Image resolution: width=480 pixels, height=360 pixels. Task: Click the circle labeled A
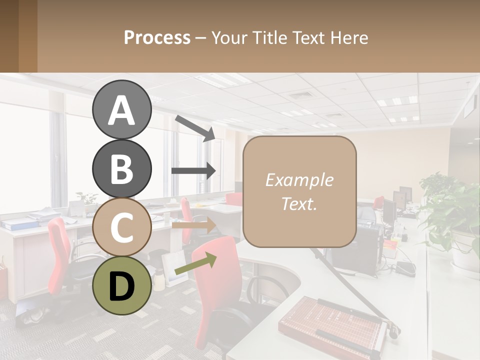coord(121,109)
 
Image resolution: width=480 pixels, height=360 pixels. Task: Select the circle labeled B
coord(121,168)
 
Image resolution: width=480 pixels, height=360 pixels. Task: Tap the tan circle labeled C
coord(121,227)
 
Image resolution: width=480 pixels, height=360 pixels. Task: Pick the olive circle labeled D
coord(121,285)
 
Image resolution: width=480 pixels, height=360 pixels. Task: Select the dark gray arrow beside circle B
coord(193,170)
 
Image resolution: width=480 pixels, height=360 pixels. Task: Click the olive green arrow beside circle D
coord(195,266)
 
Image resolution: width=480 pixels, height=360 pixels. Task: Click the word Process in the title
coord(157,37)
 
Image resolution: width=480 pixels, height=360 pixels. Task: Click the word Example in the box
coord(299,180)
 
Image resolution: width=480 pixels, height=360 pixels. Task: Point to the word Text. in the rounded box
coord(299,203)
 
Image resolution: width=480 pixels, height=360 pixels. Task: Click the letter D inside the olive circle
coord(121,286)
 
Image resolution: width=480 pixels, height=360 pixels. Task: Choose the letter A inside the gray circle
coord(121,110)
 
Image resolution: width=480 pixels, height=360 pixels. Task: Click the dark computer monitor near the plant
coord(400,200)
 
